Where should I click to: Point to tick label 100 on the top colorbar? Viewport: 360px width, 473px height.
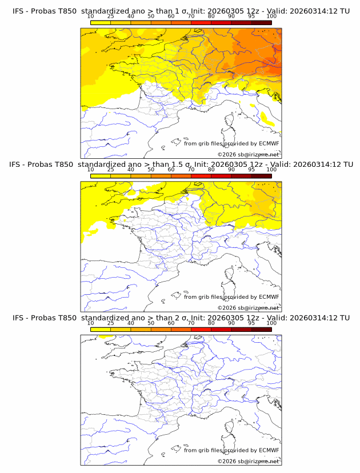[x=271, y=16]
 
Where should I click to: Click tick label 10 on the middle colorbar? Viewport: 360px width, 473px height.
[x=90, y=170]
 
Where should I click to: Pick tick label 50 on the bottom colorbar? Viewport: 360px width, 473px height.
[x=151, y=323]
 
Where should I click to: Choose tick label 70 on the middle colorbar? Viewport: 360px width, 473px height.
[x=191, y=170]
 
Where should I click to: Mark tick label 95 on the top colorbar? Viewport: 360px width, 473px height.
[x=251, y=16]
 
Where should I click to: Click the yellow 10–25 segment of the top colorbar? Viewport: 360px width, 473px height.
[x=100, y=22]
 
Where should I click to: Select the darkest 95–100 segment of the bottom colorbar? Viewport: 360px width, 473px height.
[x=261, y=329]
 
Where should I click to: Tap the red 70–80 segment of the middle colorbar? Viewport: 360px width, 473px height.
[x=201, y=175]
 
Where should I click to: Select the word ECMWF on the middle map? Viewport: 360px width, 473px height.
[x=269, y=297]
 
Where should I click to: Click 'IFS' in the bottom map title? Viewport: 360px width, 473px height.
[x=18, y=318]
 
